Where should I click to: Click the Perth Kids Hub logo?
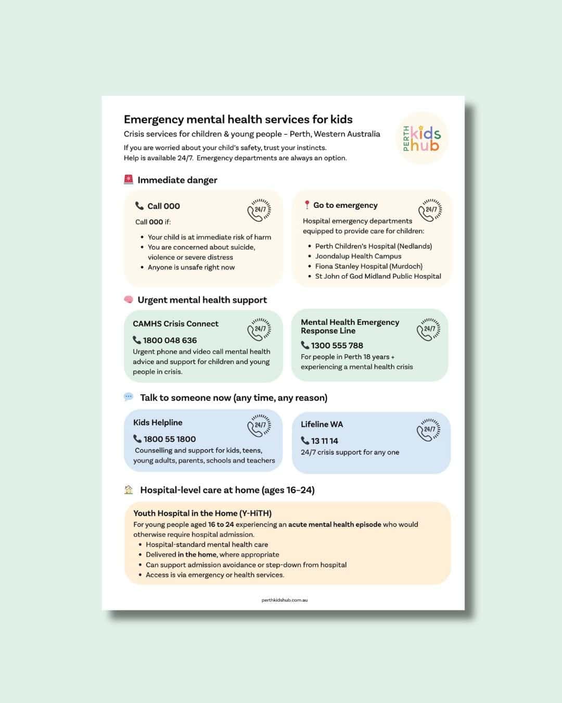423,139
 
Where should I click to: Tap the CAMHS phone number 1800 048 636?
170,340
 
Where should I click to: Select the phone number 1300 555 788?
337,345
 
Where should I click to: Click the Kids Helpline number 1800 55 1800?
170,439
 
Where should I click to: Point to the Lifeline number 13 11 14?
324,441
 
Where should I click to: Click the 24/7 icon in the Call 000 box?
259,210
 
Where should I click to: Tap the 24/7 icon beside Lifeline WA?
428,430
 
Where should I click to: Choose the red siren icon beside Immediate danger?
129,180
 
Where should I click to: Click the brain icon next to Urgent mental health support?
129,299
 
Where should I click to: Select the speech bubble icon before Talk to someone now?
129,397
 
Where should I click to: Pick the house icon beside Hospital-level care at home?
129,489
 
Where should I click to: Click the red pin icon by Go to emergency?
307,205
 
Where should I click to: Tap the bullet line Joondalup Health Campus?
358,256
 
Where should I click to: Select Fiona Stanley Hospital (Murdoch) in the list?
368,266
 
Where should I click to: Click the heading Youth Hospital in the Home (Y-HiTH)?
202,513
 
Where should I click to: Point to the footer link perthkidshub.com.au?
285,600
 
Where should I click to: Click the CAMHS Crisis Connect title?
175,323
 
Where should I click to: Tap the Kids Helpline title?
158,422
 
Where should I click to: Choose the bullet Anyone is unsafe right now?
191,267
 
